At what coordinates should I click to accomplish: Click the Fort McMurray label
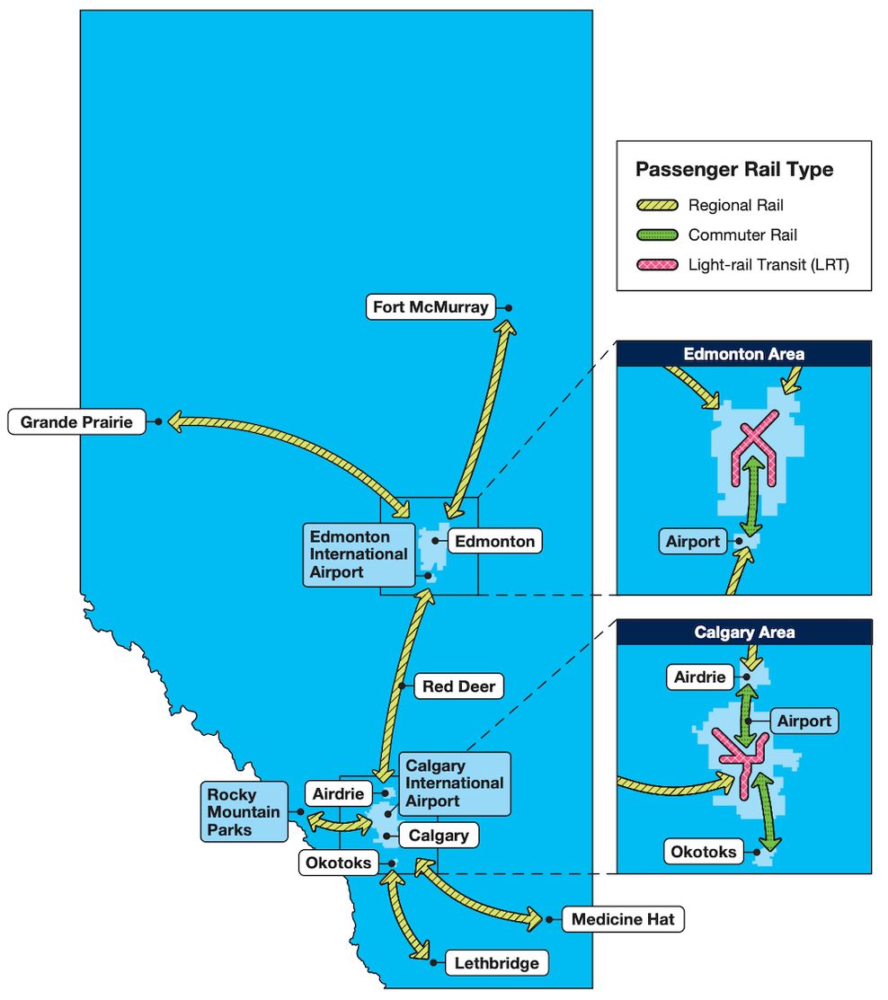(431, 307)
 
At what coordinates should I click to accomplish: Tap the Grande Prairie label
(76, 421)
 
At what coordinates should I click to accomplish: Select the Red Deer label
(458, 687)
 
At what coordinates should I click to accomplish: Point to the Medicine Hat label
(622, 919)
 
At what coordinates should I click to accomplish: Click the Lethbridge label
(496, 963)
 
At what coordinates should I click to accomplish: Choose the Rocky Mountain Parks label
(244, 812)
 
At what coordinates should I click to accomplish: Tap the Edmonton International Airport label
(359, 554)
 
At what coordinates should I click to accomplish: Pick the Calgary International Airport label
(455, 783)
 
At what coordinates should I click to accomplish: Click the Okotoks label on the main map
(338, 863)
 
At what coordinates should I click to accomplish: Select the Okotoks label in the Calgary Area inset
(705, 851)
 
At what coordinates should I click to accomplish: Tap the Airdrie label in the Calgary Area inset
(699, 677)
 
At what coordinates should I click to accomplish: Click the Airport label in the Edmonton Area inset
(692, 542)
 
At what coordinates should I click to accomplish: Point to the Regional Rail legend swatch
(656, 206)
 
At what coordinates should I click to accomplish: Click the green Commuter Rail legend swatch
(656, 235)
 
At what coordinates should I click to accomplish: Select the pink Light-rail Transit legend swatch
(656, 265)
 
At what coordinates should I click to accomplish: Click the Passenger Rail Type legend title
(733, 169)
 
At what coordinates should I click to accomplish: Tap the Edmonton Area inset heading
(743, 354)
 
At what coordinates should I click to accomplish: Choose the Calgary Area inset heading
(743, 633)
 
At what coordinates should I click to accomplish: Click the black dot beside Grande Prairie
(158, 421)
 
